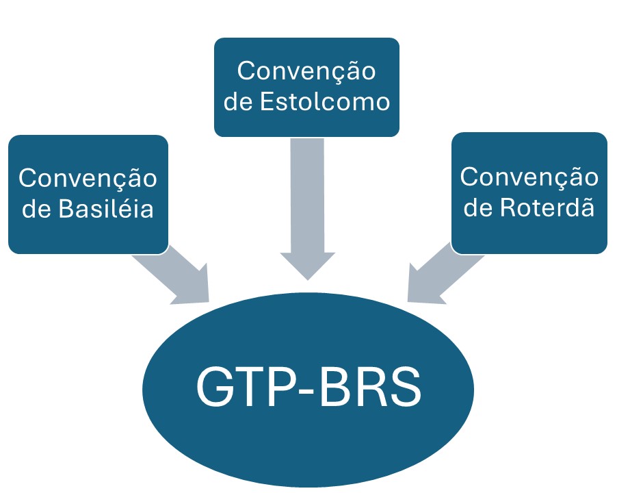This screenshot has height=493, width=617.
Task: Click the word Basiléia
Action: pyautogui.click(x=105, y=209)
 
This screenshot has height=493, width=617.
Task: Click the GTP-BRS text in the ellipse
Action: pyautogui.click(x=308, y=388)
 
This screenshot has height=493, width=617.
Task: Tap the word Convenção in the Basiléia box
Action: pyautogui.click(x=88, y=179)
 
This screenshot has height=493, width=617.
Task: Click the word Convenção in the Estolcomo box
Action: pyautogui.click(x=306, y=71)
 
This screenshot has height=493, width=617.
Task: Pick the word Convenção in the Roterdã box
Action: pyautogui.click(x=529, y=177)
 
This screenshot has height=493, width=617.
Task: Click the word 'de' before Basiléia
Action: pyautogui.click(x=38, y=209)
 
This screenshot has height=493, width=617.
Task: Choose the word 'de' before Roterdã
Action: pyautogui.click(x=479, y=206)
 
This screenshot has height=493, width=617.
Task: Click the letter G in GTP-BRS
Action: pyautogui.click(x=215, y=388)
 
